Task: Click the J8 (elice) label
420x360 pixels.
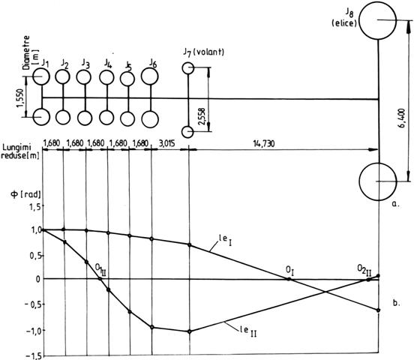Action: pyautogui.click(x=344, y=17)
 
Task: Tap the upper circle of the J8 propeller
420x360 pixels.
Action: pyautogui.click(x=359, y=21)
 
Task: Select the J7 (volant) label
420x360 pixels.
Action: pyautogui.click(x=203, y=52)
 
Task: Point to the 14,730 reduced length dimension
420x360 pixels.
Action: pyautogui.click(x=264, y=144)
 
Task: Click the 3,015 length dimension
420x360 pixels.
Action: pyautogui.click(x=166, y=143)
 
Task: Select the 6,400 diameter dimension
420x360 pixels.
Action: pyautogui.click(x=402, y=118)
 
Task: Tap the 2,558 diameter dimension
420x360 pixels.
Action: pyautogui.click(x=202, y=116)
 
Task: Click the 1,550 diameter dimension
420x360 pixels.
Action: pyautogui.click(x=21, y=98)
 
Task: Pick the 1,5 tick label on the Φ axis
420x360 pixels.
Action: pyautogui.click(x=36, y=207)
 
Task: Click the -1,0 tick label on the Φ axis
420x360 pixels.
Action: pyautogui.click(x=33, y=331)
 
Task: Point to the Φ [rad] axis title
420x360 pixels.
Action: pyautogui.click(x=25, y=194)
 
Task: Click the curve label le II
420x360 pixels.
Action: pyautogui.click(x=248, y=331)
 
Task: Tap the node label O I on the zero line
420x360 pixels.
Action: pyautogui.click(x=289, y=271)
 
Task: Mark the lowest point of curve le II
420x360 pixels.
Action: pyautogui.click(x=190, y=331)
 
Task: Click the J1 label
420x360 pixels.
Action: pyautogui.click(x=45, y=63)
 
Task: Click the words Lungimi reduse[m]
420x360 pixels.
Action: pyautogui.click(x=20, y=151)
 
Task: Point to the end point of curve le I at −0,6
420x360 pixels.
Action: pyautogui.click(x=378, y=310)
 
